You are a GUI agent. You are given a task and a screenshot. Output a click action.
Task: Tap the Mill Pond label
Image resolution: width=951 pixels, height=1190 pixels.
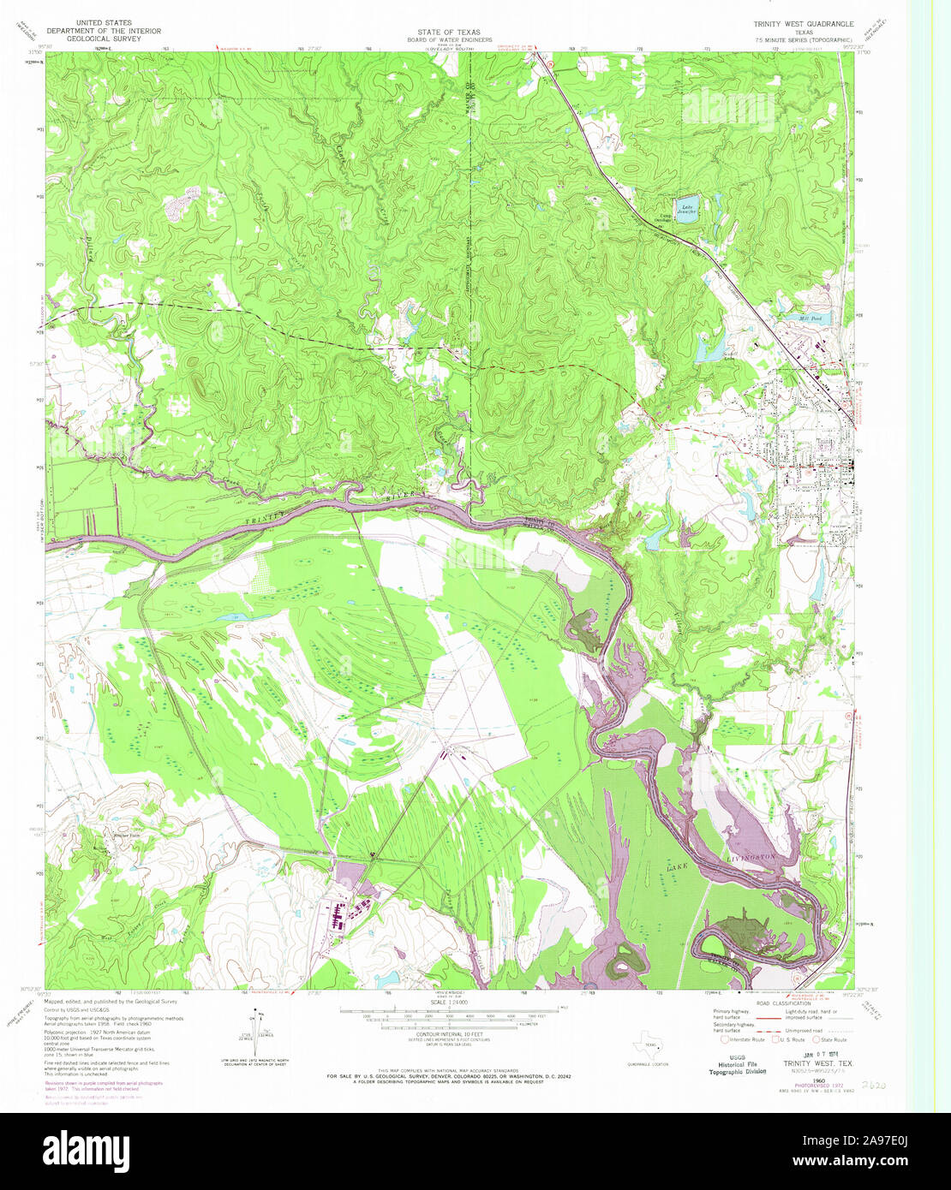coord(810,318)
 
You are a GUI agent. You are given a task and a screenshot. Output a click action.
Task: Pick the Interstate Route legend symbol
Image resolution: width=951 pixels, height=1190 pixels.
coord(725,1040)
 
